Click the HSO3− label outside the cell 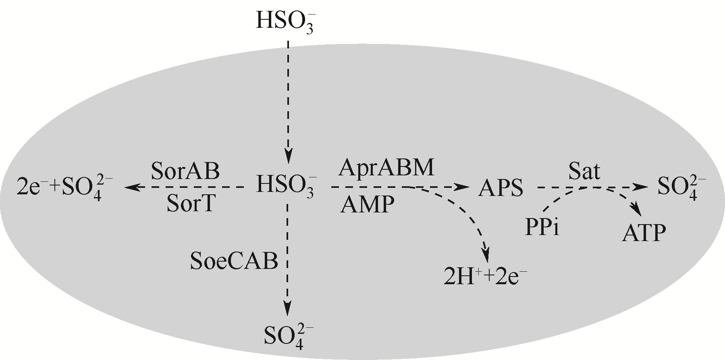[x=285, y=21]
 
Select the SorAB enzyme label [x=185, y=171]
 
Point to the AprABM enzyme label [x=386, y=168]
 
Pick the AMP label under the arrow [x=366, y=205]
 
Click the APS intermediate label [x=501, y=188]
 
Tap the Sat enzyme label [x=584, y=171]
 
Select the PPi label [x=543, y=228]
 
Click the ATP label [x=644, y=233]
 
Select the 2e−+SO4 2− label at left [x=62, y=188]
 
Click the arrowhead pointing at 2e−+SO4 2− [x=131, y=187]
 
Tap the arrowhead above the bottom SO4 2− [x=287, y=309]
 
